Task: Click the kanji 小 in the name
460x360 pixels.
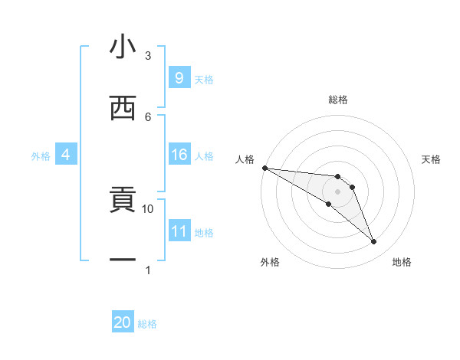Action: click(x=123, y=48)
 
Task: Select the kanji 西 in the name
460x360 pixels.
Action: click(x=123, y=108)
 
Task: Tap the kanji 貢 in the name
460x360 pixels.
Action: click(x=123, y=201)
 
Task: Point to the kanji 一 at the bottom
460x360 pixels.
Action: click(x=123, y=260)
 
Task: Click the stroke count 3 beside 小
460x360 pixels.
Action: click(x=148, y=56)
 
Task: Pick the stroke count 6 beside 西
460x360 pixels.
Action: click(x=148, y=116)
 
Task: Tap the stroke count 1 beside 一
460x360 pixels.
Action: click(x=148, y=270)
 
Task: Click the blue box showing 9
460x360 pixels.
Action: click(x=179, y=77)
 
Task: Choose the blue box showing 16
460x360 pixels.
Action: click(x=179, y=155)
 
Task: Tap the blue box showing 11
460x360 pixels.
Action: click(x=179, y=231)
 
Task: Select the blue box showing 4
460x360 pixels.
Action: click(x=66, y=155)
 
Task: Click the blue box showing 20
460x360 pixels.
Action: click(x=123, y=322)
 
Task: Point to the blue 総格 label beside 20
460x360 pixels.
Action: click(x=147, y=324)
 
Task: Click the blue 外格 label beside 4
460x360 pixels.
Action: click(x=41, y=156)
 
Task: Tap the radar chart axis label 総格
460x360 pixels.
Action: click(x=338, y=100)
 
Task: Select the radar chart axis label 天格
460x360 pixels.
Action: click(x=431, y=159)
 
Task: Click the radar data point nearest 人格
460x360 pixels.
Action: click(x=264, y=168)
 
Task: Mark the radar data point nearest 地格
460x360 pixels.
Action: click(x=374, y=242)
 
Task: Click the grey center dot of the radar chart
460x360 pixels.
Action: click(x=338, y=191)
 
